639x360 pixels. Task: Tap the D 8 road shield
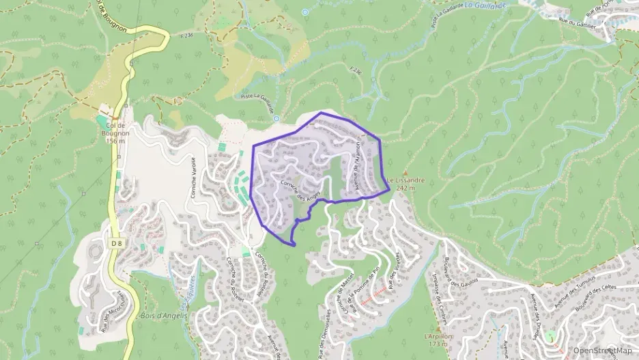coord(115,243)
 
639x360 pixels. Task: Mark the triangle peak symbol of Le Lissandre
coord(406,173)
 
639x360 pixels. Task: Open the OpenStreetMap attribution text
coord(602,350)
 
